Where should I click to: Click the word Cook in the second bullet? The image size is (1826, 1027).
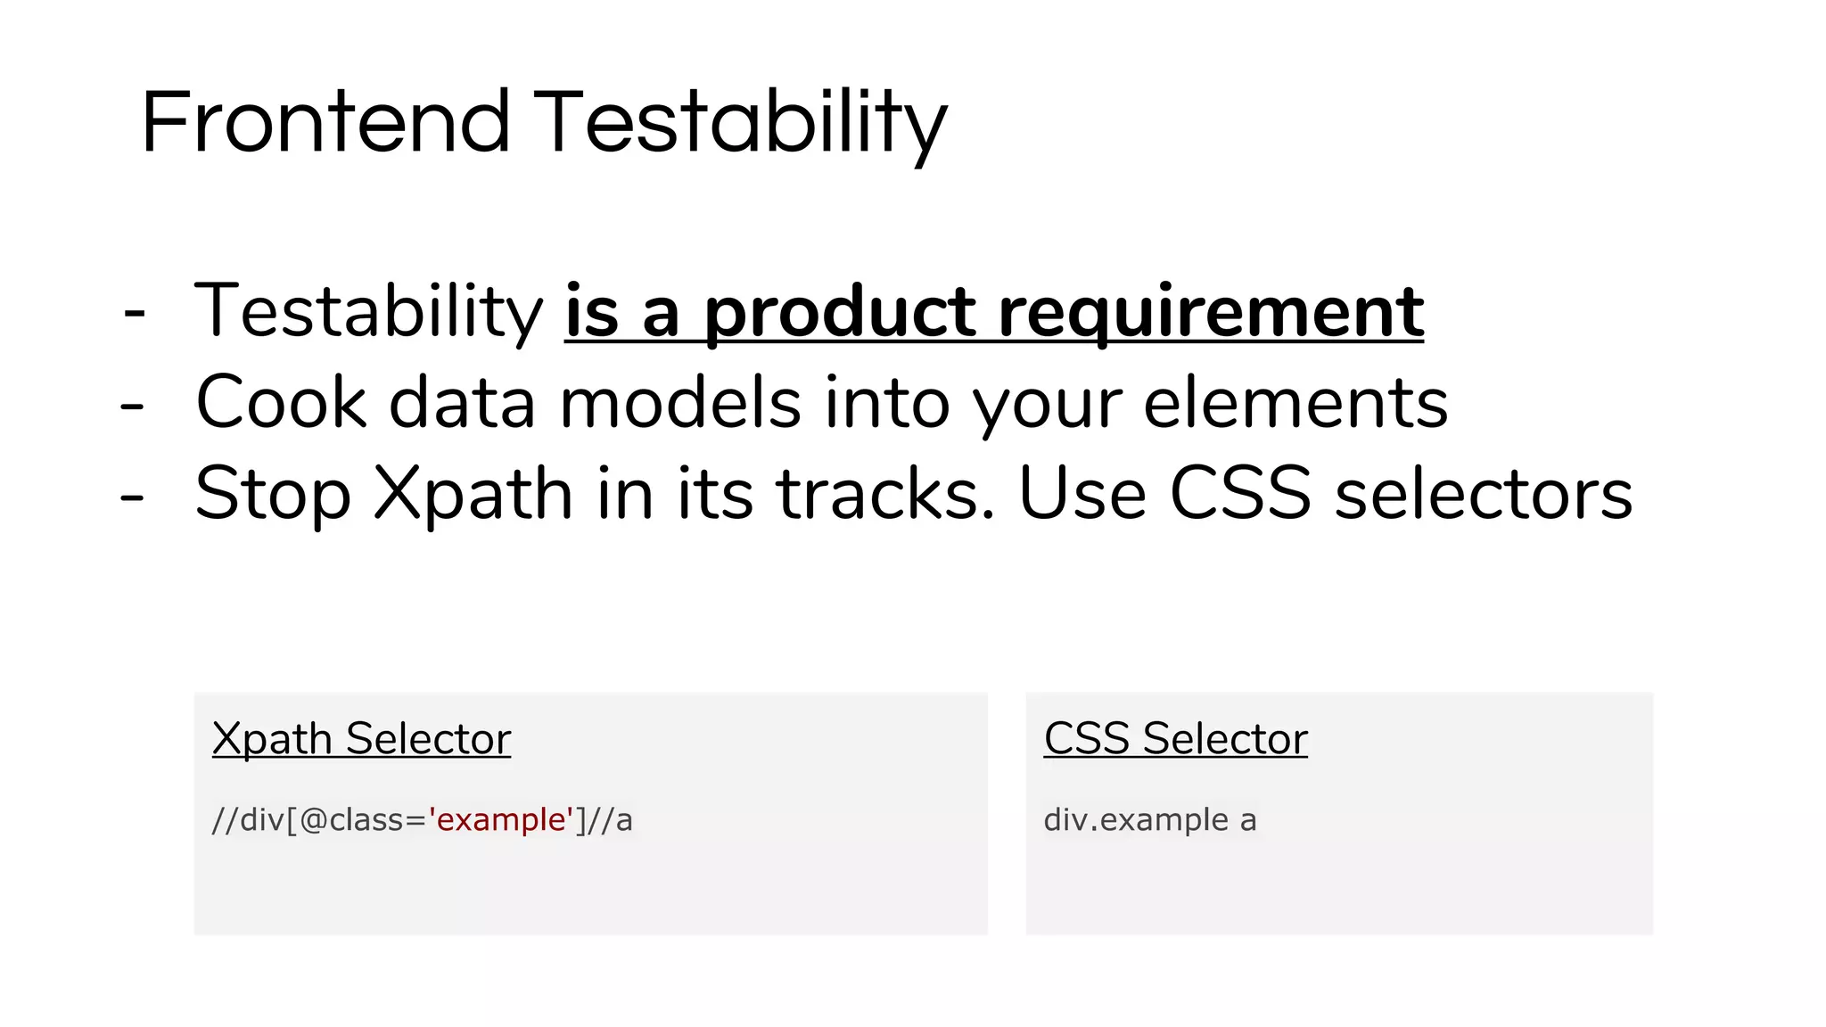pos(280,403)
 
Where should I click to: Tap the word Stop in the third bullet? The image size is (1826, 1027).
pos(272,495)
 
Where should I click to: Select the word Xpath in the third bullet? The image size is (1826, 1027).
pos(473,495)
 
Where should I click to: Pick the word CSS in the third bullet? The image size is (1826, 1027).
pos(1239,495)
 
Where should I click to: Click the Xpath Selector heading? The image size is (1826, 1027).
pos(361,739)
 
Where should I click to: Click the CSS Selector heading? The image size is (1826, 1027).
pos(1175,739)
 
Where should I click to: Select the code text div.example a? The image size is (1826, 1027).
pos(1149,819)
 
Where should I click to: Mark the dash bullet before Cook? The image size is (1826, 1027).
pos(132,407)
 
